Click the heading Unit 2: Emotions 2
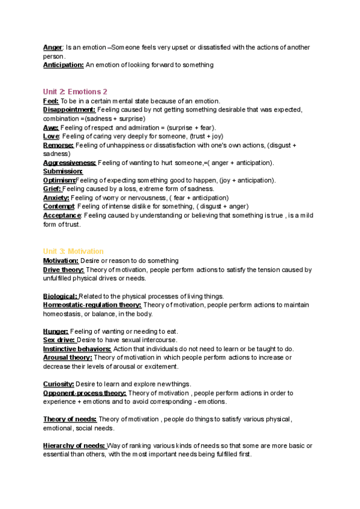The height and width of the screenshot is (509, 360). [x=75, y=92]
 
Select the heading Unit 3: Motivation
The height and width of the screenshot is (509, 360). [x=73, y=251]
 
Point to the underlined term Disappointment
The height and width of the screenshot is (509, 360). [x=69, y=110]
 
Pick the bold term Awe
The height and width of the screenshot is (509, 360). [x=50, y=128]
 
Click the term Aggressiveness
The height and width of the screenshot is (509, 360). [x=70, y=163]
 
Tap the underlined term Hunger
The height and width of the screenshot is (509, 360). [x=56, y=331]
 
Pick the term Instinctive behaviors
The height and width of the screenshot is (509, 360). [x=77, y=349]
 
